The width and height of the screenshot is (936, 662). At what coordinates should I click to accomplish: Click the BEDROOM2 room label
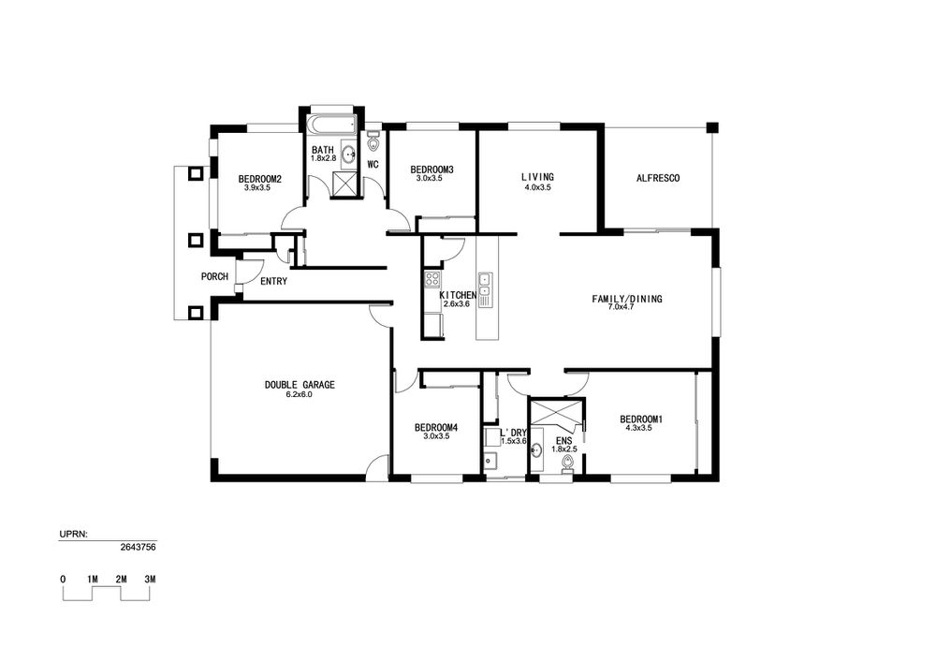259,179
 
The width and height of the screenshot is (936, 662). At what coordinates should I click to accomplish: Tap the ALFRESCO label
658,178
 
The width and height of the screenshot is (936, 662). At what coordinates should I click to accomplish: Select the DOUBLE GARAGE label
300,385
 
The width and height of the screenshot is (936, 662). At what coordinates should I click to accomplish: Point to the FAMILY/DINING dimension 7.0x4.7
627,307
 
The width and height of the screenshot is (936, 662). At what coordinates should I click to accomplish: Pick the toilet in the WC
373,142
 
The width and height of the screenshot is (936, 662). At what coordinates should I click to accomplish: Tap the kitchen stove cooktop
432,279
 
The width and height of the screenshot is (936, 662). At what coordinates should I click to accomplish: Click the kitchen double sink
485,285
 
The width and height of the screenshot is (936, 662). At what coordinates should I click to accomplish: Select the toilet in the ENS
567,463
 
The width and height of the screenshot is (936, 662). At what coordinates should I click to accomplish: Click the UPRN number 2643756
138,546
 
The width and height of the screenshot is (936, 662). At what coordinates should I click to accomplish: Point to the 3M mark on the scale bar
150,579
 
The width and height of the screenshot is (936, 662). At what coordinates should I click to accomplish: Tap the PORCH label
214,276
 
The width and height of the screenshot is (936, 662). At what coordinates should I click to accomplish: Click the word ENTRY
274,281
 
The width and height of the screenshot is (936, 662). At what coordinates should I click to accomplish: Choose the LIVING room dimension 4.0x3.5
537,187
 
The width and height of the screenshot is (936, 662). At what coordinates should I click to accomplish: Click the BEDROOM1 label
641,419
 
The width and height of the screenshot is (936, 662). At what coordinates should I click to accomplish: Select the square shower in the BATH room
343,184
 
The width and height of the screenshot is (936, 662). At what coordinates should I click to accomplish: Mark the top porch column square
196,174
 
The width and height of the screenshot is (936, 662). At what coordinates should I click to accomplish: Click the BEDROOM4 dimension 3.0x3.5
436,436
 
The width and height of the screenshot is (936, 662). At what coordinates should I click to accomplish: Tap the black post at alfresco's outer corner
712,127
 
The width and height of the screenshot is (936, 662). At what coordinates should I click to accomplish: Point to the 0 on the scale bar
63,579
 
